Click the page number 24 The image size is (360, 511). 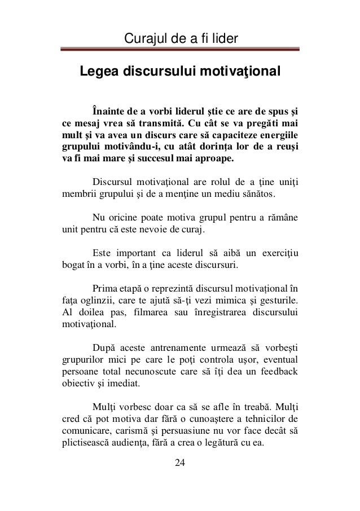[179, 463]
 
